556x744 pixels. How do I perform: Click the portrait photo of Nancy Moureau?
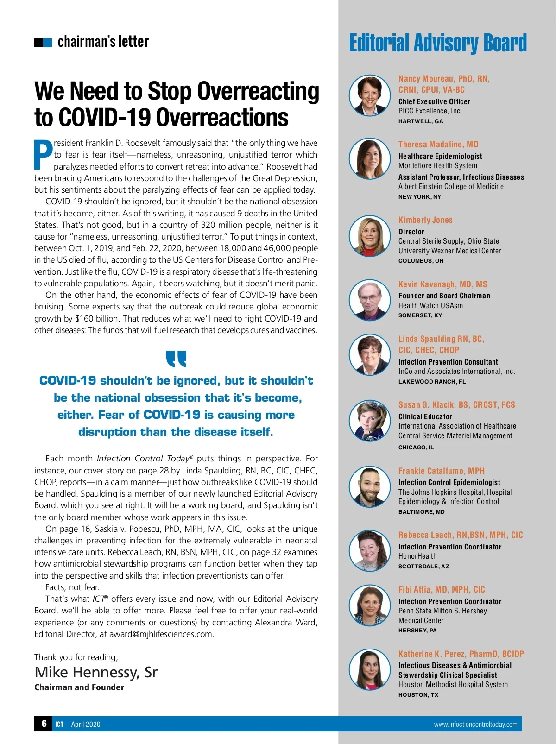click(x=369, y=95)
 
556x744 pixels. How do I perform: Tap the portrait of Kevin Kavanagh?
click(x=369, y=300)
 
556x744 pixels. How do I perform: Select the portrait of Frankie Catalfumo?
click(x=369, y=486)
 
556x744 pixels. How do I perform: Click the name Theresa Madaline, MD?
click(x=438, y=145)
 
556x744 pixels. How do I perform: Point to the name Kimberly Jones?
click(x=425, y=220)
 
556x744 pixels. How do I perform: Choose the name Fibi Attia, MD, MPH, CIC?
click(x=442, y=590)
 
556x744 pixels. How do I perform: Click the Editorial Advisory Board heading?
click(x=438, y=43)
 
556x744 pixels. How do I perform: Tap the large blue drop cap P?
click(x=43, y=155)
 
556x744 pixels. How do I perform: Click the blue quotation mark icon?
click(x=176, y=358)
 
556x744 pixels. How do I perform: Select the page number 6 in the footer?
click(x=44, y=724)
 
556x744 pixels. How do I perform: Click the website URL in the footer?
click(x=475, y=725)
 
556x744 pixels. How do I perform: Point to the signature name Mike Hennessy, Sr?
click(x=96, y=672)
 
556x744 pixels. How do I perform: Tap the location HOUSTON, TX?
click(x=418, y=695)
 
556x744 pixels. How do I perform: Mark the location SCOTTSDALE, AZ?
click(x=423, y=567)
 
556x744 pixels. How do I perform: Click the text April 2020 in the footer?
click(x=85, y=725)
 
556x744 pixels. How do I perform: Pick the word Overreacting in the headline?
click(x=233, y=91)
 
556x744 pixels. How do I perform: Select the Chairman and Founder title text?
click(x=79, y=687)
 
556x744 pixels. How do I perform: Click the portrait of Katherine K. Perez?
click(x=369, y=669)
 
